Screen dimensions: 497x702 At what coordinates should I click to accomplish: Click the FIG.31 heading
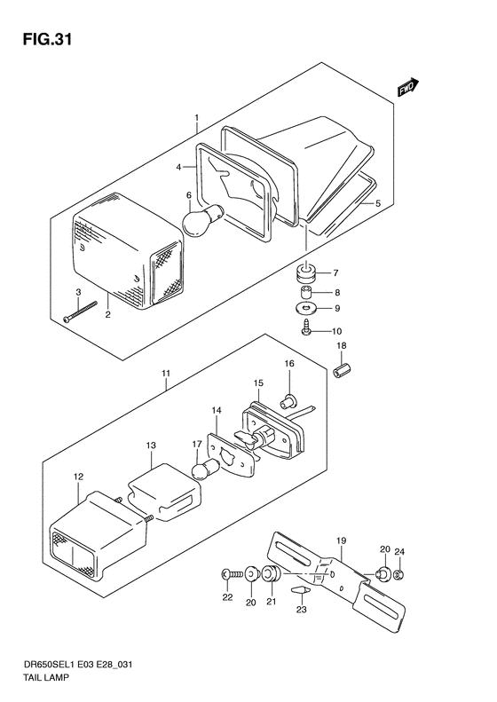pos(47,39)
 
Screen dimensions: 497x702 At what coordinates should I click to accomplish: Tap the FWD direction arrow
pos(408,87)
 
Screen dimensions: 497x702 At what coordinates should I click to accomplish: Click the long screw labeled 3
pos(80,312)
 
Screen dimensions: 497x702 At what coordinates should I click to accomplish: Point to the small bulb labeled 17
pos(206,469)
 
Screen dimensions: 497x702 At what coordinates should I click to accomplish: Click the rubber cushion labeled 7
pos(306,273)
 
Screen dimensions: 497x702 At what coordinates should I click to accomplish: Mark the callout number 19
pos(341,540)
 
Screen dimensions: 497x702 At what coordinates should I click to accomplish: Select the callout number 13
pos(152,446)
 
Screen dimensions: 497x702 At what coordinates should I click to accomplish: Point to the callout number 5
pos(378,203)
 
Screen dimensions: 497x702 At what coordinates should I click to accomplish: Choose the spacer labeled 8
pos(306,292)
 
